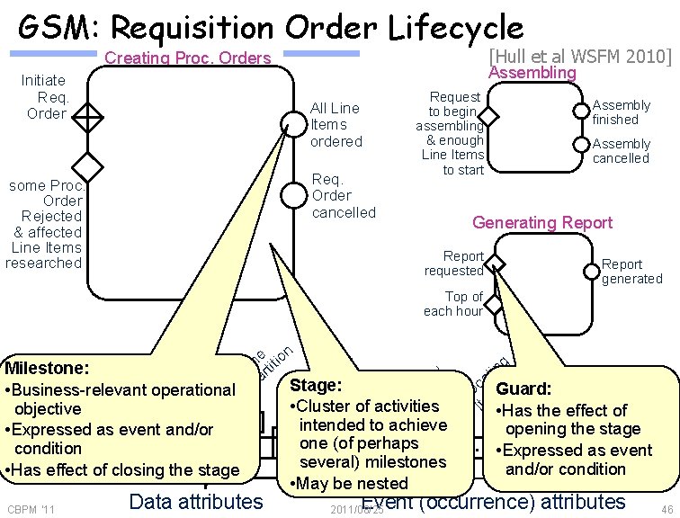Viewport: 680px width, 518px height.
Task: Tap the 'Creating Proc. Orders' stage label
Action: [x=188, y=59]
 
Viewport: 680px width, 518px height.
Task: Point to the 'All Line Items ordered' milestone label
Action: [x=336, y=125]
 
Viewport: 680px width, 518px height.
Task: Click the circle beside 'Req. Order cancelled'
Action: [x=292, y=193]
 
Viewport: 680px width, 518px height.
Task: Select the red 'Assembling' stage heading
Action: [x=536, y=72]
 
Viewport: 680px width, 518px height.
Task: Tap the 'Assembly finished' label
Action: [x=621, y=112]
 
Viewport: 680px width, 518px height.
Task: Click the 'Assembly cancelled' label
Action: [x=621, y=151]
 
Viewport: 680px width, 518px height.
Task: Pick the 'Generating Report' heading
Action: [x=542, y=222]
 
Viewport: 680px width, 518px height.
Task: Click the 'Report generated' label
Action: [x=631, y=272]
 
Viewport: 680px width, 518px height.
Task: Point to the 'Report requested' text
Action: [x=454, y=263]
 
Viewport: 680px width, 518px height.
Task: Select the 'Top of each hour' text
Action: [x=453, y=304]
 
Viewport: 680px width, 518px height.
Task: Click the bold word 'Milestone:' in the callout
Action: [x=46, y=369]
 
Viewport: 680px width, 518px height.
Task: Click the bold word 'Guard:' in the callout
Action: [x=524, y=390]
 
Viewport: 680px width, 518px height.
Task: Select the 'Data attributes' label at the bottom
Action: [x=196, y=502]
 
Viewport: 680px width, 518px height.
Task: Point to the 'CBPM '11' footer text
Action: [x=30, y=510]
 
